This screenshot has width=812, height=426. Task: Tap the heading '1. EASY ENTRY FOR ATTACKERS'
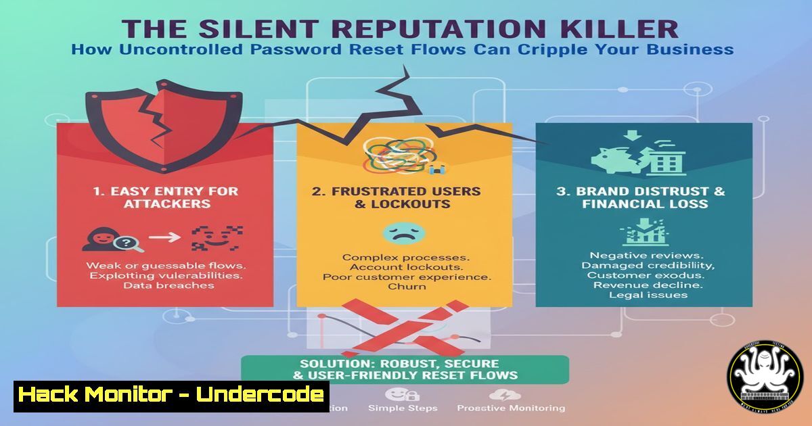[x=165, y=197]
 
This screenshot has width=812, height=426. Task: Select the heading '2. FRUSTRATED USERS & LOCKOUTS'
[x=396, y=197]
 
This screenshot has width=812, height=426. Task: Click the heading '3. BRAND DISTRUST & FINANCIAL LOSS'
[x=640, y=197]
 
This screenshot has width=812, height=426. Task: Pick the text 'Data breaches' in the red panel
[x=168, y=285]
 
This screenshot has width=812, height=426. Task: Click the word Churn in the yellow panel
[x=407, y=286]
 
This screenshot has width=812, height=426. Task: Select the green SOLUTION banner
[x=405, y=369]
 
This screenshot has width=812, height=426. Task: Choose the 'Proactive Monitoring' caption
[x=511, y=408]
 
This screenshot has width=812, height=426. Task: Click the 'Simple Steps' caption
[x=403, y=408]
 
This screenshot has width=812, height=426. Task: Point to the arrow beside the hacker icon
[x=164, y=237]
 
